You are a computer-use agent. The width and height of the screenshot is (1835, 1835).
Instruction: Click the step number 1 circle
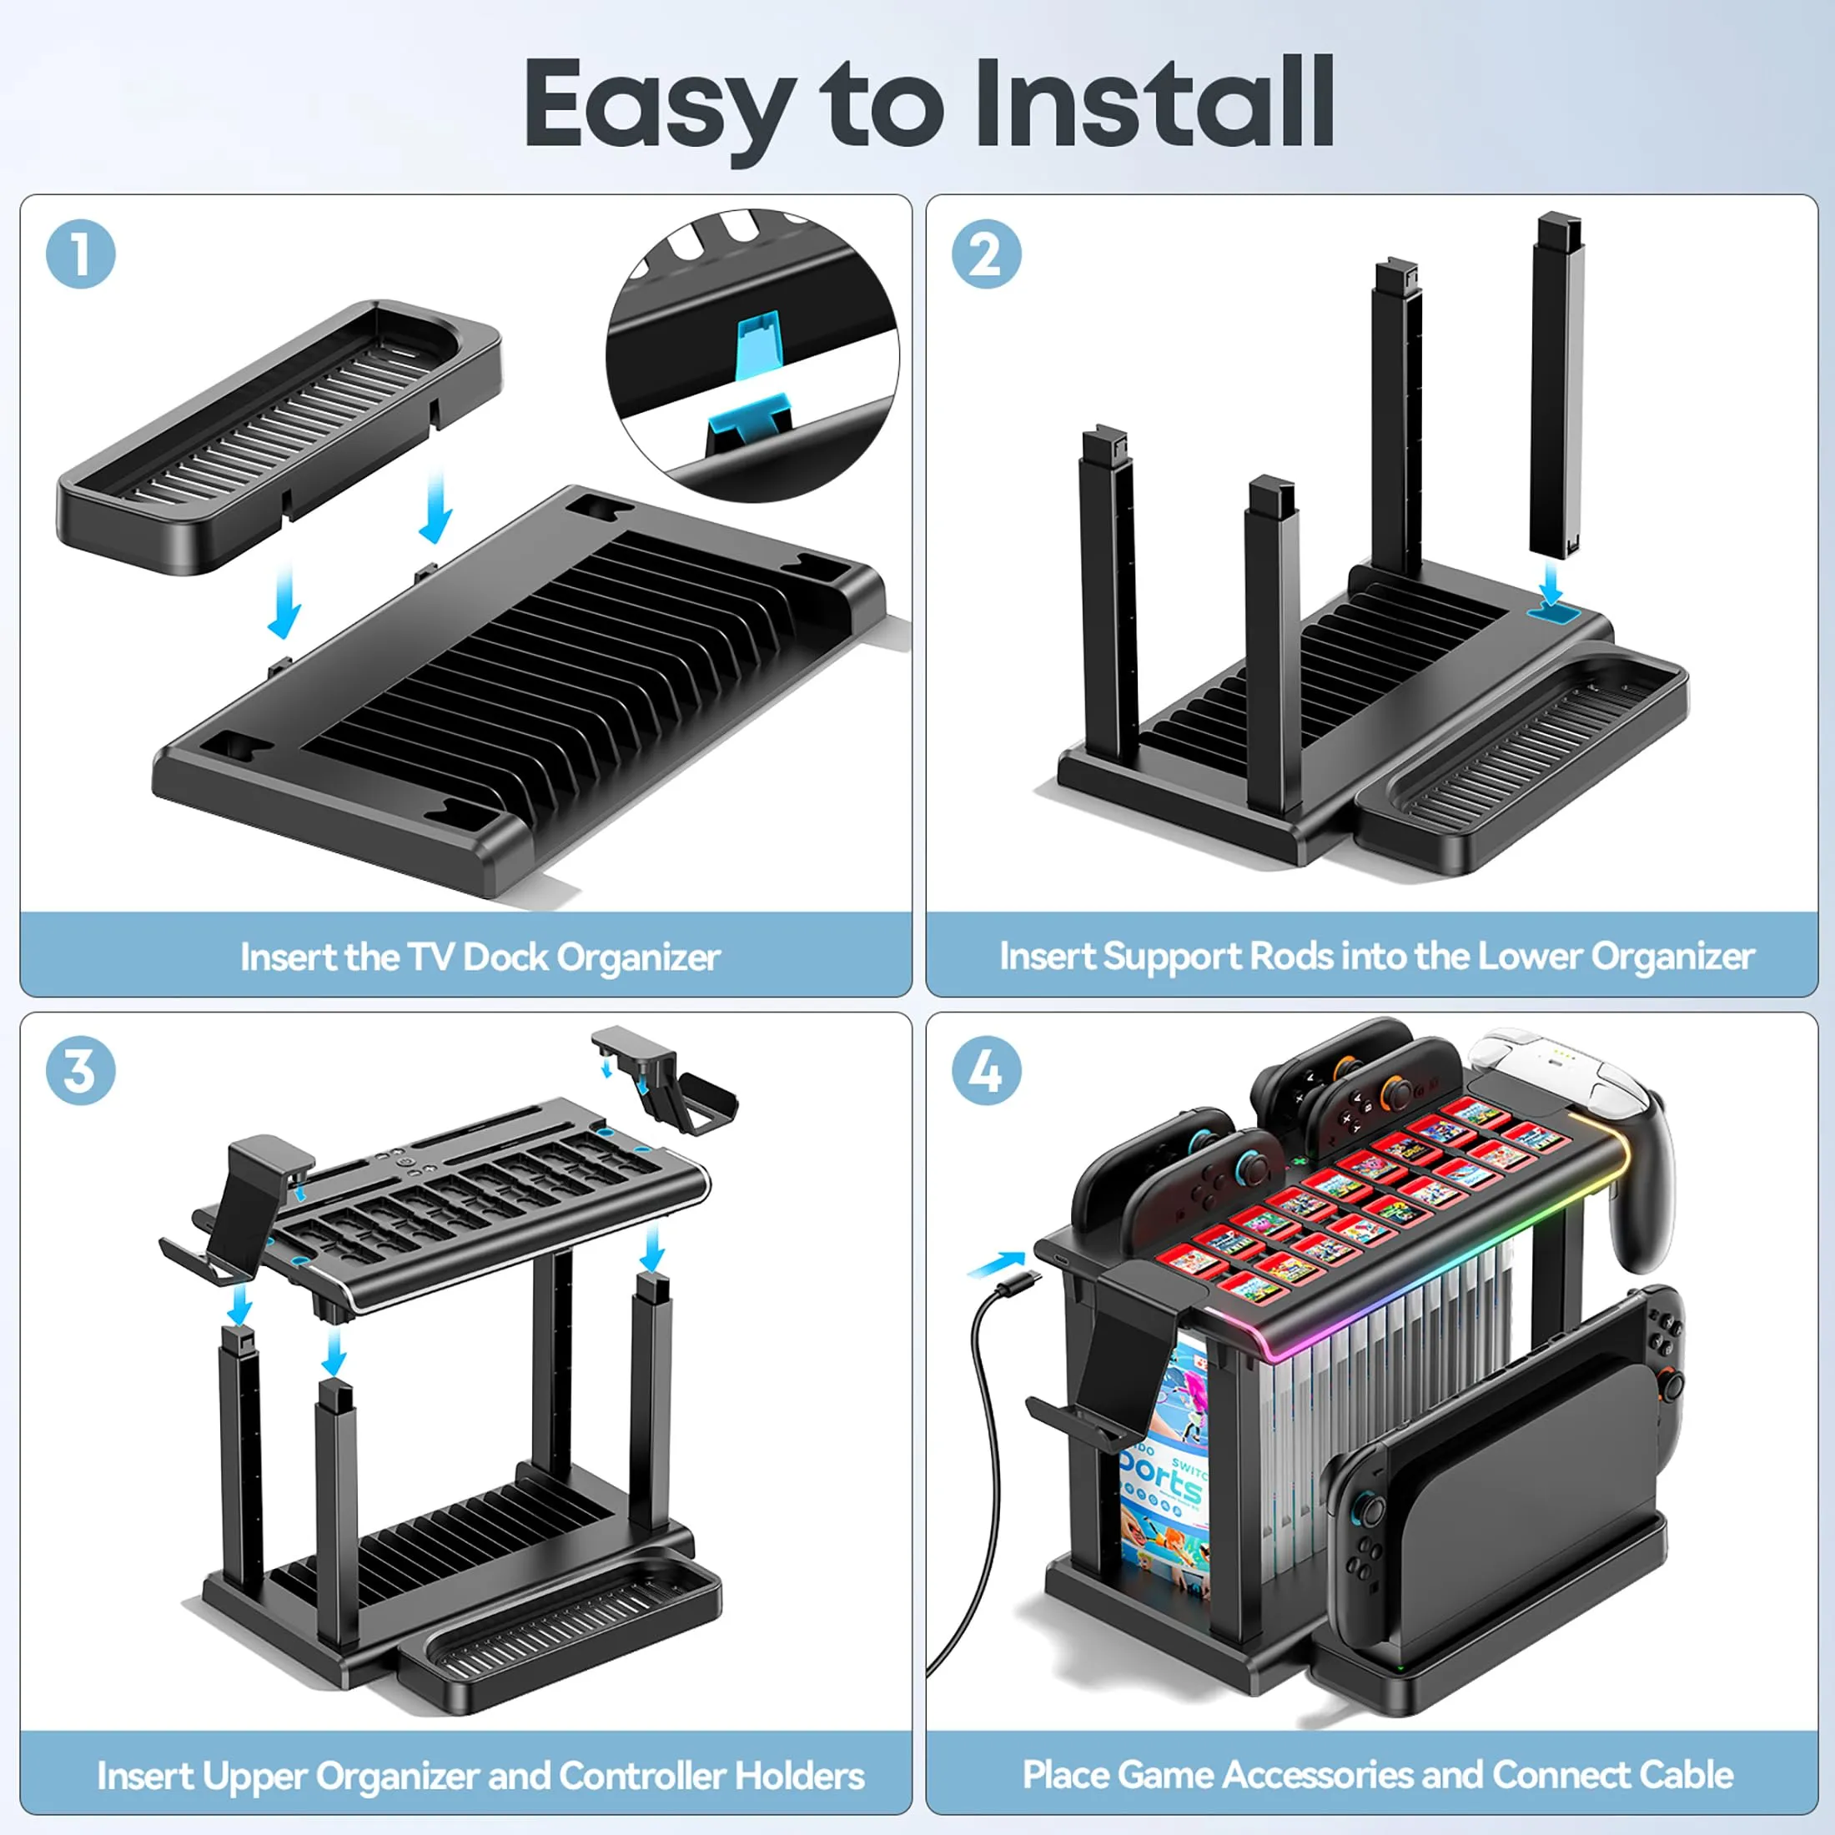[x=81, y=254]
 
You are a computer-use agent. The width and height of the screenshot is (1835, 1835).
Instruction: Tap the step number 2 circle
[x=987, y=254]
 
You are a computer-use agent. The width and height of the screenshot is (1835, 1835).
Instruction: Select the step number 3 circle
[x=81, y=1070]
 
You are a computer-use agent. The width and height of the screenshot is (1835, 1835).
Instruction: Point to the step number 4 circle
[x=987, y=1070]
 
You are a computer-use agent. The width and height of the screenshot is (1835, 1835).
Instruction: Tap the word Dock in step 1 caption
[x=506, y=957]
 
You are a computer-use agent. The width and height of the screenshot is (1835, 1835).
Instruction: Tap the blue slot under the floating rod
[x=1553, y=612]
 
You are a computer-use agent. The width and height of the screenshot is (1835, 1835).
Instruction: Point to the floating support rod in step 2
[x=1556, y=389]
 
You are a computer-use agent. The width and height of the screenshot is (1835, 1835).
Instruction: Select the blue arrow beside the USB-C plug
[x=997, y=1263]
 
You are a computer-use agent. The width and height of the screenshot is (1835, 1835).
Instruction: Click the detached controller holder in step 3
[x=665, y=1078]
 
